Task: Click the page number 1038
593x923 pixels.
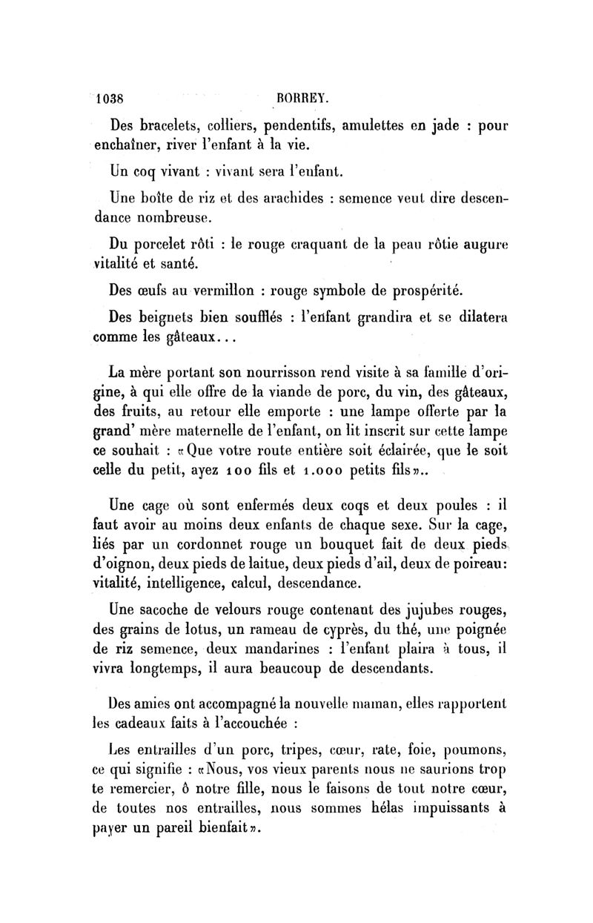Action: (110, 97)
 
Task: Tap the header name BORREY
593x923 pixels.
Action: (297, 97)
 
